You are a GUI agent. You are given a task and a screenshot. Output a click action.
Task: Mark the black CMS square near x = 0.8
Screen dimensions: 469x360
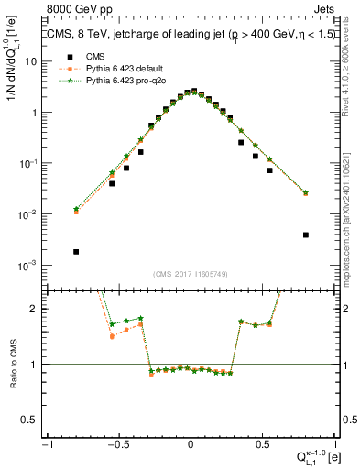click(305, 234)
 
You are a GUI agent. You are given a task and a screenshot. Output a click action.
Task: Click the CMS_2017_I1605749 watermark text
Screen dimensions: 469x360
click(190, 275)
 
